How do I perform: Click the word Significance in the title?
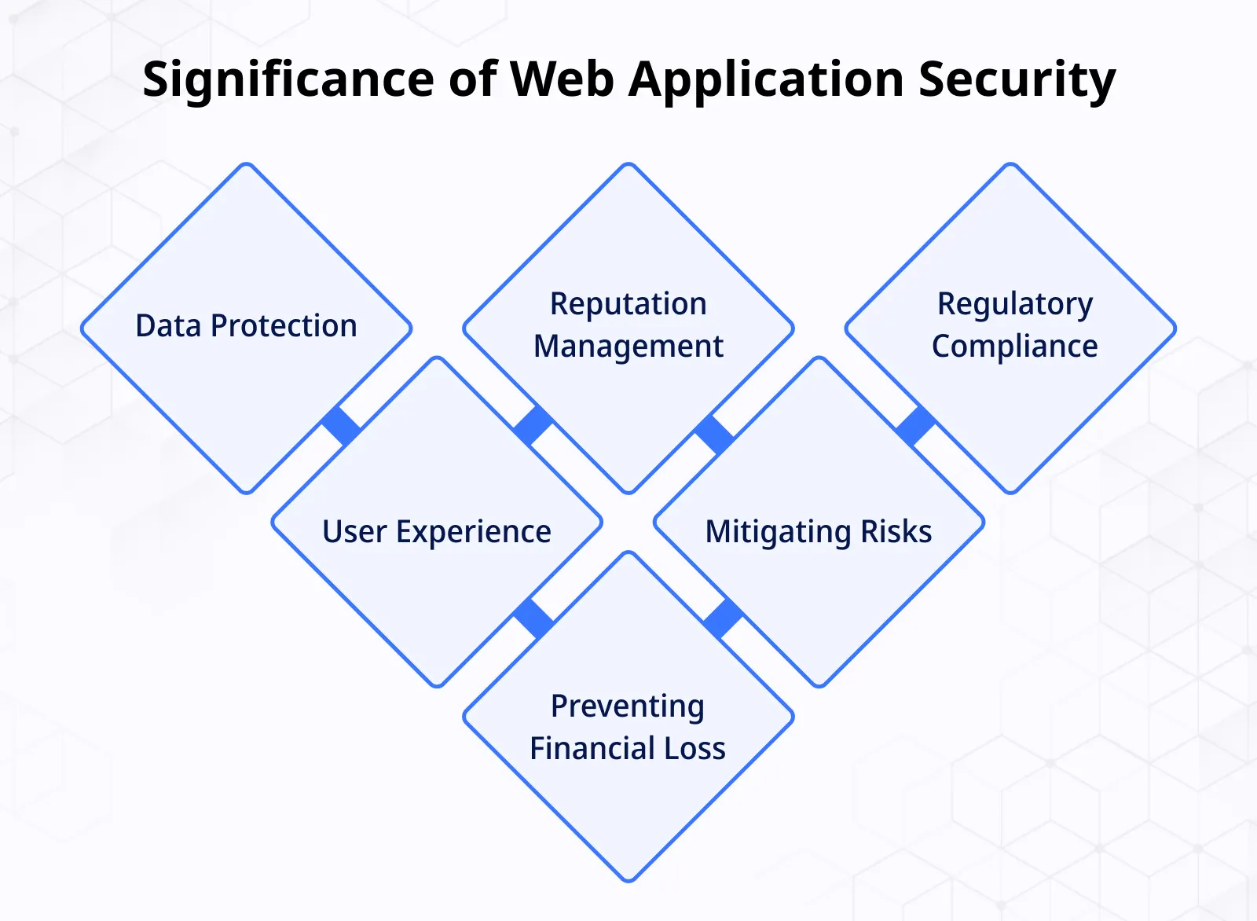click(x=288, y=79)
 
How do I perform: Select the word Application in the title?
click(x=766, y=79)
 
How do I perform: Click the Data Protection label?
click(x=246, y=325)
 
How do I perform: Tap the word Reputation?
click(x=628, y=304)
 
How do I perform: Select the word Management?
click(x=628, y=347)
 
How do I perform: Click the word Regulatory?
click(x=1014, y=304)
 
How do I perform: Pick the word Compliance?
click(x=1014, y=347)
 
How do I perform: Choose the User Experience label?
click(x=437, y=532)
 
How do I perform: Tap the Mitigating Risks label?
click(x=818, y=532)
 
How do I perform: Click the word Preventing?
click(x=627, y=706)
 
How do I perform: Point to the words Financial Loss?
click(x=627, y=749)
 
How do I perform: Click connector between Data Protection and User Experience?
click(x=342, y=425)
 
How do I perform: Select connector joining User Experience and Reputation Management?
click(x=533, y=425)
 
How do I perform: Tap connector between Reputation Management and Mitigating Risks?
click(x=714, y=435)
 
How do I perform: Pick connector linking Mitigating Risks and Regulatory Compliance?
click(x=915, y=425)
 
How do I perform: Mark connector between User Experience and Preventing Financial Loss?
click(x=533, y=618)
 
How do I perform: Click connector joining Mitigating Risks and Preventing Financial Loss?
click(x=724, y=618)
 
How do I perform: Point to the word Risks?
click(x=896, y=532)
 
